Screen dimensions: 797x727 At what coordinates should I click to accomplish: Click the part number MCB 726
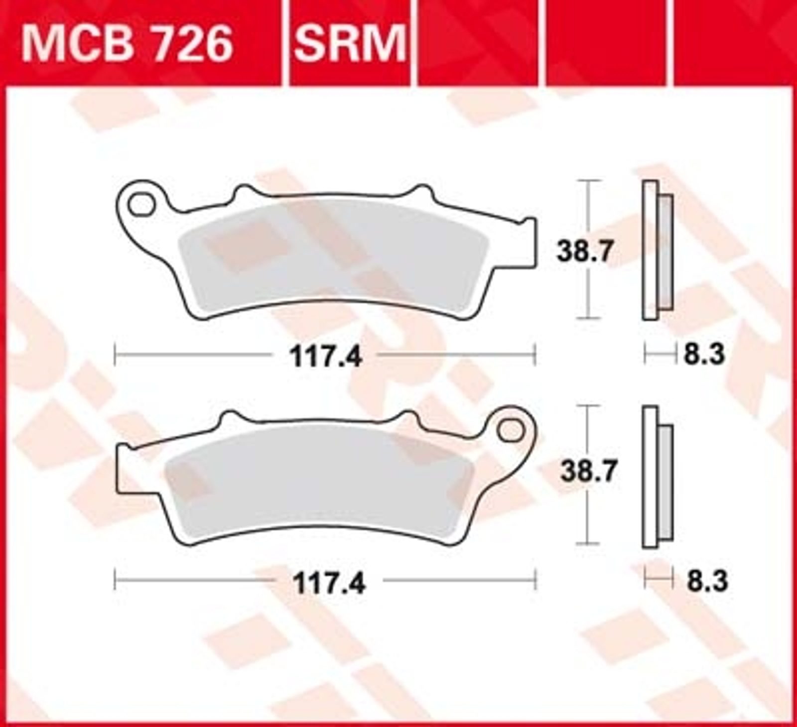click(x=127, y=43)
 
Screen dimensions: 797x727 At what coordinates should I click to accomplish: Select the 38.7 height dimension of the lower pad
click(x=588, y=471)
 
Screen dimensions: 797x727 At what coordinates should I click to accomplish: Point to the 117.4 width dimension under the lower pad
click(x=329, y=583)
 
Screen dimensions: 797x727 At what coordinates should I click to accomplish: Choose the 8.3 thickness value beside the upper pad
click(x=703, y=355)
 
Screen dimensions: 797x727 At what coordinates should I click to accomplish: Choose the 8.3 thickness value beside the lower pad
click(x=707, y=581)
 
